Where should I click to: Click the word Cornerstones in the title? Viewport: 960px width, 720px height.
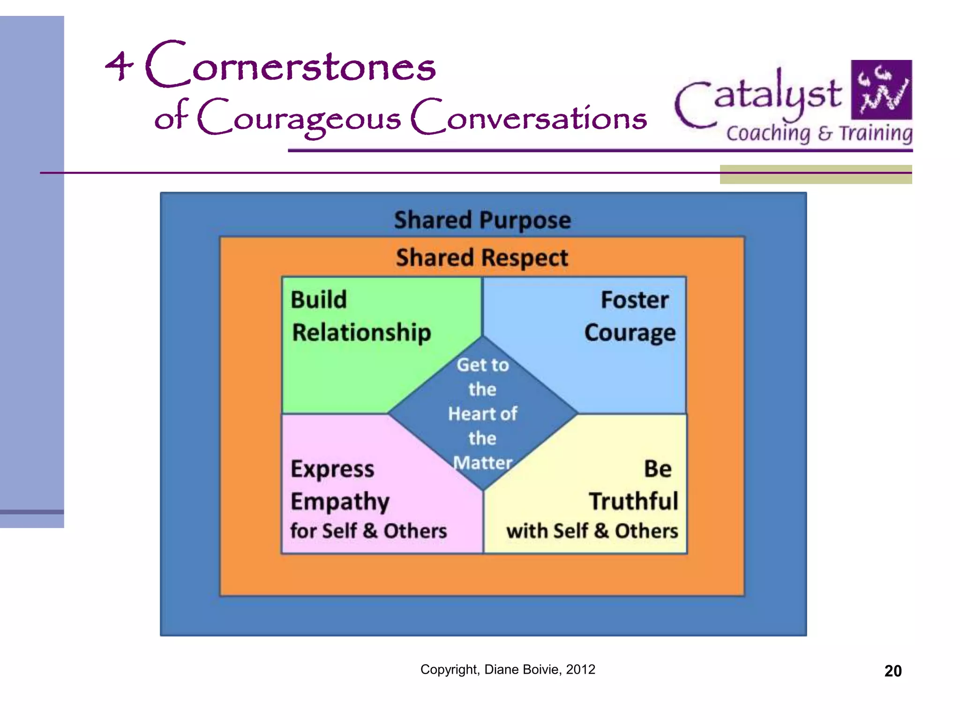point(291,66)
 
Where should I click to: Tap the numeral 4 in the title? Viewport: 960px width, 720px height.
point(119,66)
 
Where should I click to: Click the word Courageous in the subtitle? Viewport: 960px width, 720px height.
point(299,118)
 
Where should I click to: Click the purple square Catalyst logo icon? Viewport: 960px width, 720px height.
point(881,90)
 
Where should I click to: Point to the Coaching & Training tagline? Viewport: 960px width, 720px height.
point(819,133)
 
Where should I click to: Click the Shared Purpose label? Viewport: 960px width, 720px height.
point(482,220)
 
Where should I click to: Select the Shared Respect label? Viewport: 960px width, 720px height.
point(482,258)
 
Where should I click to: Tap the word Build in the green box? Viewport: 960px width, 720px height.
point(319,300)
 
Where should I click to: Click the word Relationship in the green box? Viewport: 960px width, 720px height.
point(361,333)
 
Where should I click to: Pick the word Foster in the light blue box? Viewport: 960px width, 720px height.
point(635,300)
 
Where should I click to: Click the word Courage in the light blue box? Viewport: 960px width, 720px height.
point(630,333)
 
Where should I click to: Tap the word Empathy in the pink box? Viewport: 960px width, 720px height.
point(340,502)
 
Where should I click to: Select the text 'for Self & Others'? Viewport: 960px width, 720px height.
point(368,531)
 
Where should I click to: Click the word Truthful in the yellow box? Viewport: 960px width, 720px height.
point(633,501)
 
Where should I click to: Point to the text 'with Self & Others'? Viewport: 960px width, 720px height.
point(592,531)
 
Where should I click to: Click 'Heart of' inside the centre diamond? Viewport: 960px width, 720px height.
point(482,414)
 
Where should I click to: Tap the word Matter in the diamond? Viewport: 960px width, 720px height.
point(482,463)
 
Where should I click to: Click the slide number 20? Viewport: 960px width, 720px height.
point(892,671)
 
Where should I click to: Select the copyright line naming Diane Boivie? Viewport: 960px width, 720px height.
point(508,669)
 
